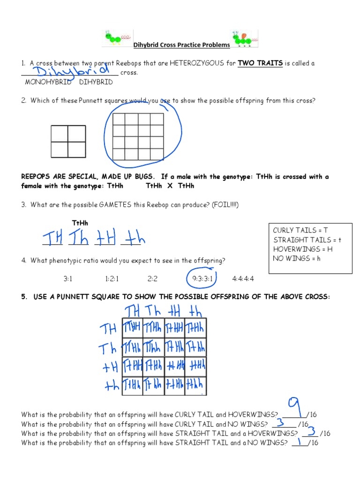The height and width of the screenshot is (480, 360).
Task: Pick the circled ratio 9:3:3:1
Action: click(x=202, y=278)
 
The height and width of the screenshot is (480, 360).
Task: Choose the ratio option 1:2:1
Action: click(x=112, y=278)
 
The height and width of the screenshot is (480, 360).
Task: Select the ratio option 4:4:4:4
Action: click(x=243, y=278)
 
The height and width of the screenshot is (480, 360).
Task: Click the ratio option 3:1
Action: click(x=68, y=278)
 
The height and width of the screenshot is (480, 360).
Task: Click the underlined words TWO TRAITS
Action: click(x=260, y=63)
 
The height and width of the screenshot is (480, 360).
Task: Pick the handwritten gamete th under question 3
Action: click(x=133, y=240)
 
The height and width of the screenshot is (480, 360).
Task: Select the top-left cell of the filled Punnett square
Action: click(x=132, y=327)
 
